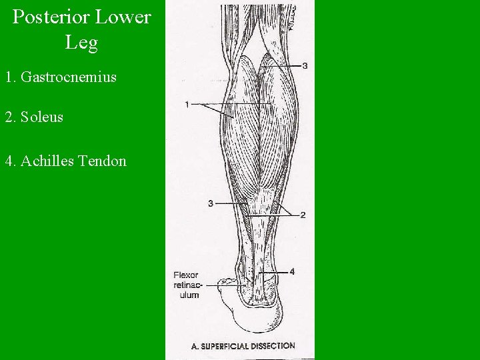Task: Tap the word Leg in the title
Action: [x=81, y=43]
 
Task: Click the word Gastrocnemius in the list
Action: [x=69, y=77]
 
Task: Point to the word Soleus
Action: [x=42, y=117]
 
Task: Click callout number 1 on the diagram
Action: [x=188, y=104]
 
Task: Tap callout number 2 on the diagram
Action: [x=303, y=215]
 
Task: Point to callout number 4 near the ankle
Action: [x=291, y=271]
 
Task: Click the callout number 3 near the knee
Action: [x=305, y=65]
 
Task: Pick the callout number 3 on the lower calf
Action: [x=210, y=203]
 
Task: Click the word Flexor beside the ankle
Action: [x=185, y=275]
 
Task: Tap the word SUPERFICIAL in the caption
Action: [x=227, y=346]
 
